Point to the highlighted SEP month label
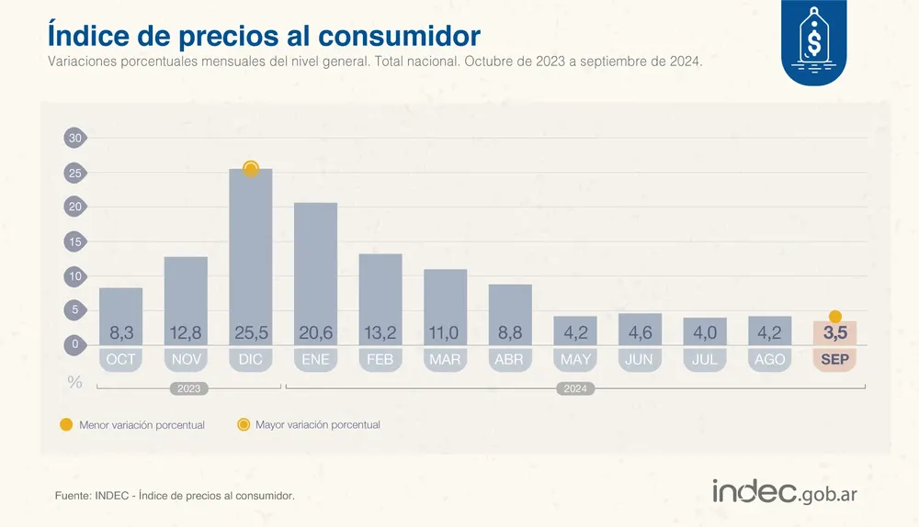[834, 360]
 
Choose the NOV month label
[186, 360]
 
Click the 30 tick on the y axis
[75, 138]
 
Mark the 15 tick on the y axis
[75, 241]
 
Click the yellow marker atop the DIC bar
[251, 169]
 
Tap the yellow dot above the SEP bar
[834, 317]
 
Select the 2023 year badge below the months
[188, 389]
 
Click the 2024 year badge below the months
[575, 389]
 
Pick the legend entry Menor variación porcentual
[132, 425]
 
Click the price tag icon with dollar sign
[813, 41]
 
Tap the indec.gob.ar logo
[785, 492]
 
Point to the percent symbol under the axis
[74, 382]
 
